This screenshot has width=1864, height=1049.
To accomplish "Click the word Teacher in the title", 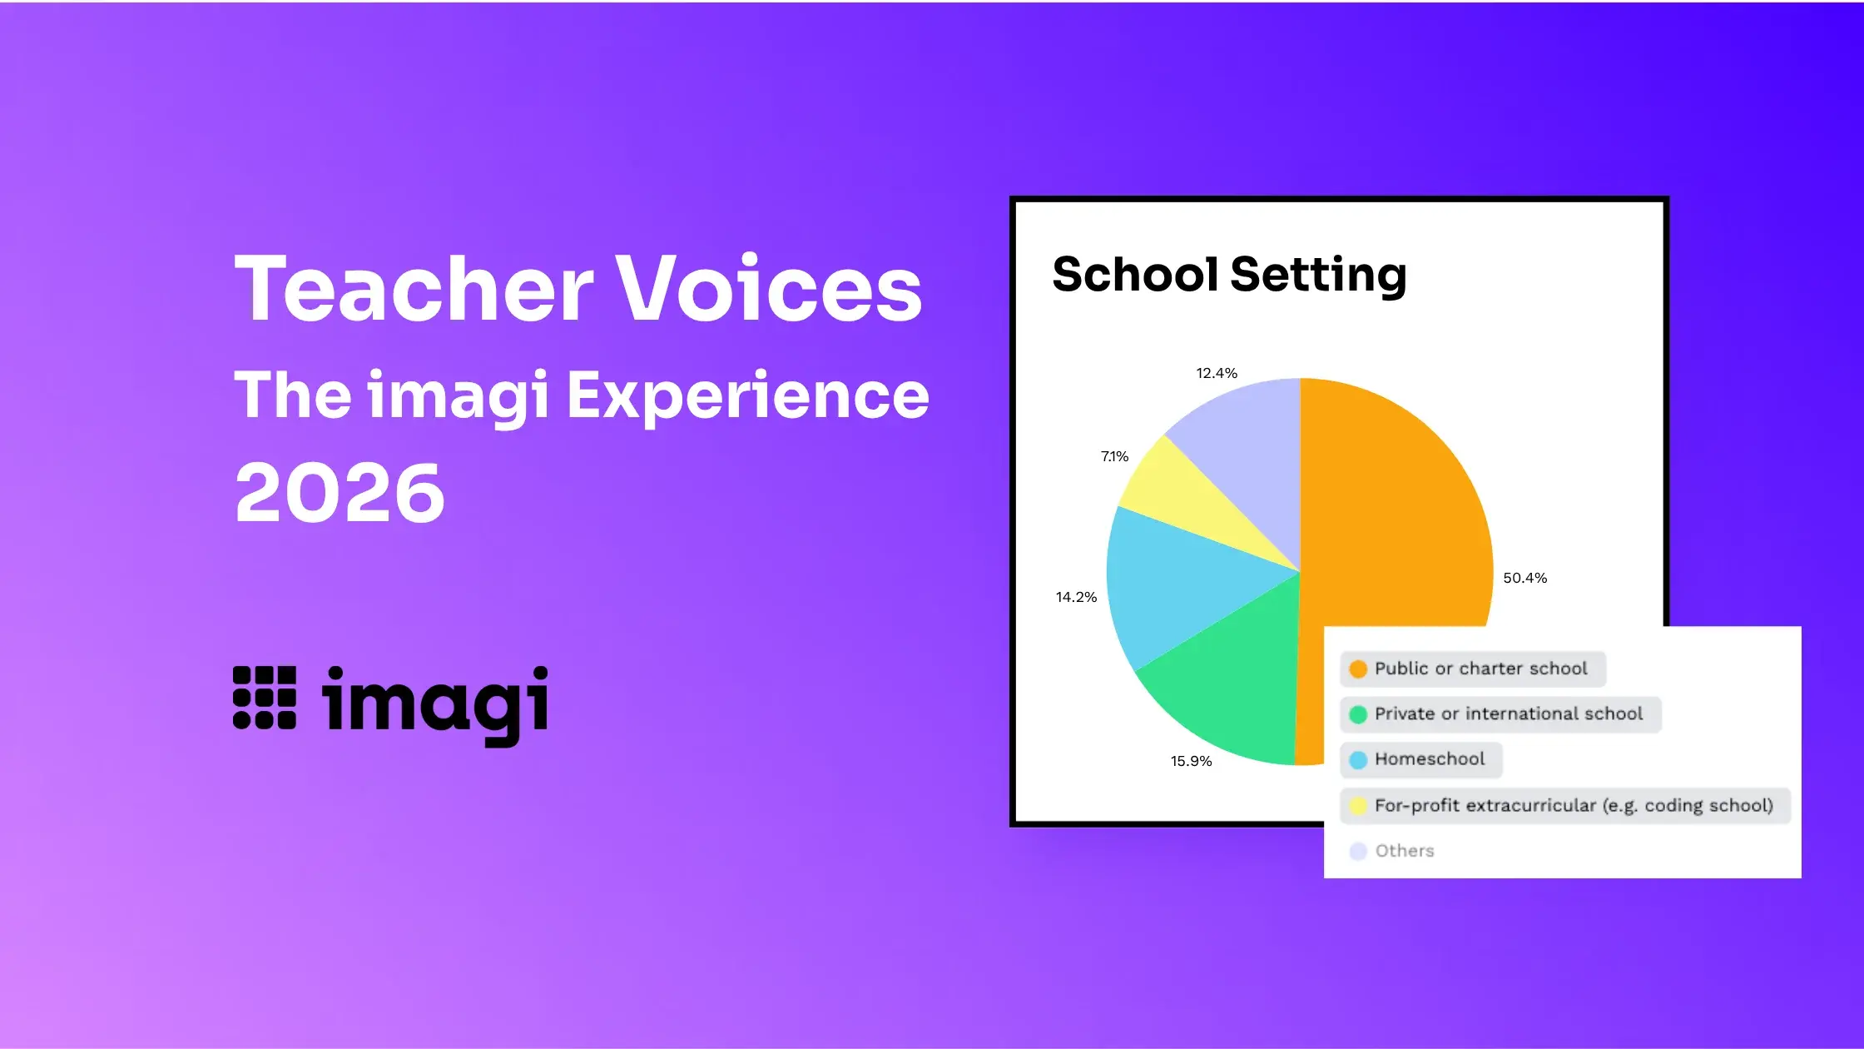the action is pyautogui.click(x=414, y=288).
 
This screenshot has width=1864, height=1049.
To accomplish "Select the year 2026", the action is pyautogui.click(x=340, y=493).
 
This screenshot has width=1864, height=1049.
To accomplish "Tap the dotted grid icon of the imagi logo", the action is pyautogui.click(x=265, y=698).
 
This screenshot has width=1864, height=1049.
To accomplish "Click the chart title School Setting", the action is pyautogui.click(x=1229, y=275).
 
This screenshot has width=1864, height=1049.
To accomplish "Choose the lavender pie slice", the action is pyautogui.click(x=1248, y=441).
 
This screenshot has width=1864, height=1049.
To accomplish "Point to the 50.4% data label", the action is pyautogui.click(x=1524, y=578).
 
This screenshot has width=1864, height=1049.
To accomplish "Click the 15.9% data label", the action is pyautogui.click(x=1191, y=761).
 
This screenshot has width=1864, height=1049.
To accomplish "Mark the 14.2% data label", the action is pyautogui.click(x=1076, y=597).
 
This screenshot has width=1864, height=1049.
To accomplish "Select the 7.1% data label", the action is pyautogui.click(x=1114, y=456).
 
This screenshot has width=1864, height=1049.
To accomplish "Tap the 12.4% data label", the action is pyautogui.click(x=1217, y=373).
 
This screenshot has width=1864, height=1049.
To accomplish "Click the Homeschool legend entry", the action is pyautogui.click(x=1420, y=759).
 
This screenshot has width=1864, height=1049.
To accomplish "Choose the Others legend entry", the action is pyautogui.click(x=1392, y=851).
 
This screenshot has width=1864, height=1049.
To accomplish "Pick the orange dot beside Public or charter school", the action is pyautogui.click(x=1358, y=669).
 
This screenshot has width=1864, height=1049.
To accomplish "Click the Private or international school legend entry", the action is pyautogui.click(x=1500, y=714).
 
